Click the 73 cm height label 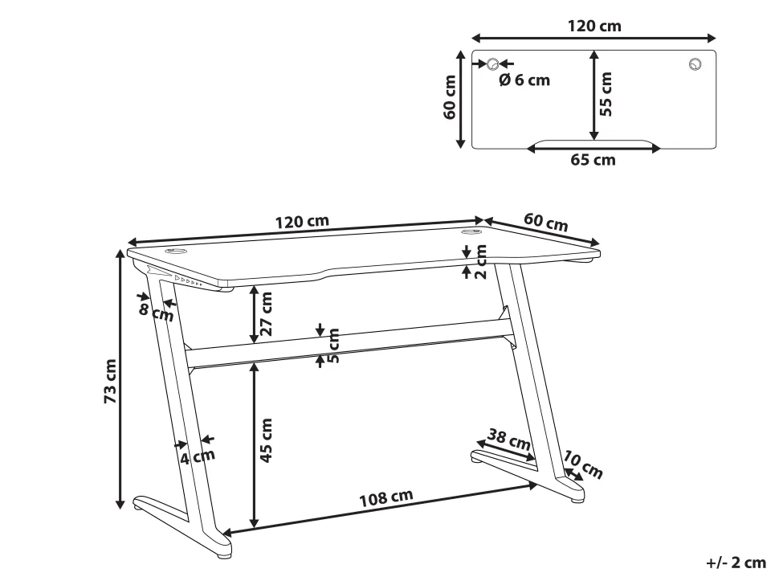click(112, 381)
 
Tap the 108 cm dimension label click(385, 498)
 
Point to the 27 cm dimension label click(267, 313)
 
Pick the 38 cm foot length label click(509, 440)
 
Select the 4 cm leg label click(198, 457)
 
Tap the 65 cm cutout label click(593, 160)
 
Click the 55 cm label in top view click(607, 94)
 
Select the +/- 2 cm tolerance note click(736, 563)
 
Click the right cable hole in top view click(694, 64)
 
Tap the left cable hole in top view click(492, 64)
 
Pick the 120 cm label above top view click(594, 27)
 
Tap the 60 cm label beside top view click(451, 98)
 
